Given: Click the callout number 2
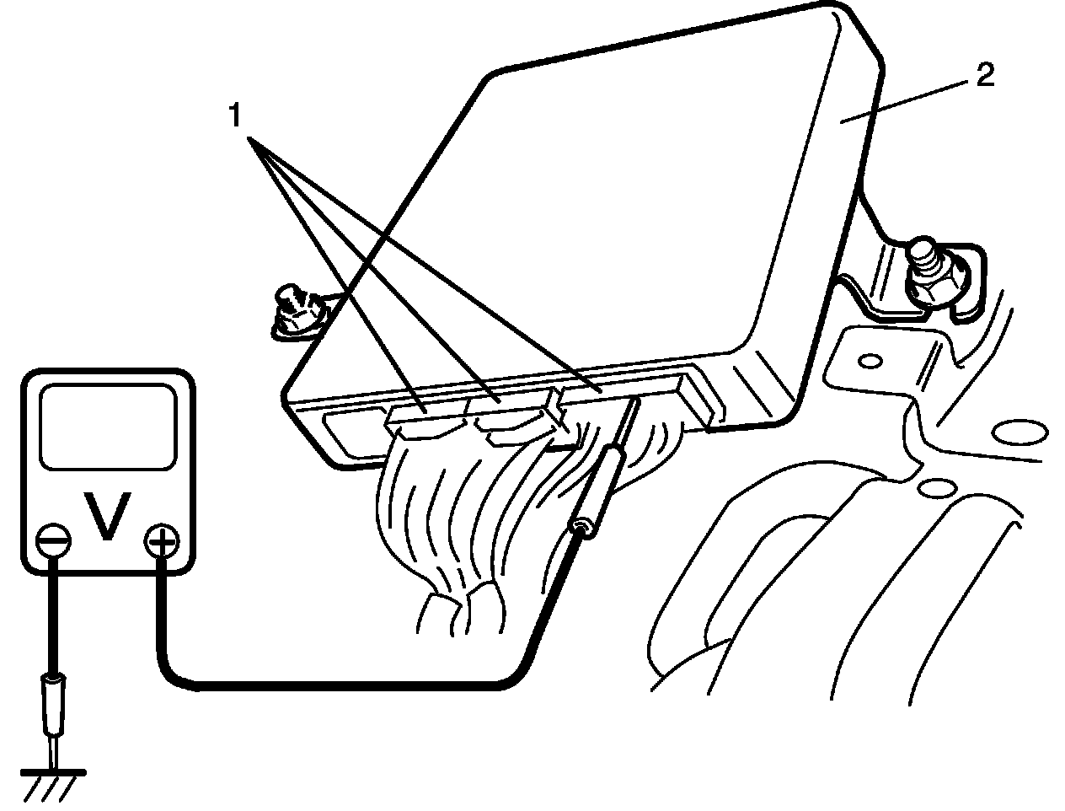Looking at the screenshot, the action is (985, 77).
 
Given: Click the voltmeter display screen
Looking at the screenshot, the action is (108, 427).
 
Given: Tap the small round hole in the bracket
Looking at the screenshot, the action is (865, 362).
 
